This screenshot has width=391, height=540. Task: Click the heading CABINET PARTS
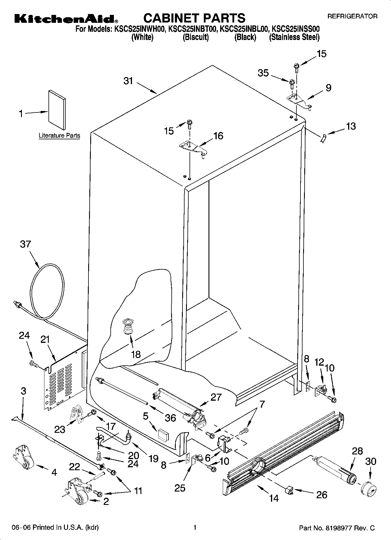click(x=194, y=18)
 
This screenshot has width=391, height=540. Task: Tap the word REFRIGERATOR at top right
click(x=352, y=17)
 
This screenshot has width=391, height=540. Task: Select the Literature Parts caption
click(x=59, y=136)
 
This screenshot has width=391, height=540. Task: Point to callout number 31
click(x=128, y=81)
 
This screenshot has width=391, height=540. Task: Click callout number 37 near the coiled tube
click(x=25, y=244)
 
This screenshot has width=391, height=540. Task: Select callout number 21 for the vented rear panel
click(x=45, y=340)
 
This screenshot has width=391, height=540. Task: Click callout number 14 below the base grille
click(x=274, y=498)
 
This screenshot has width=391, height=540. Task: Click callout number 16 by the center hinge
click(x=218, y=136)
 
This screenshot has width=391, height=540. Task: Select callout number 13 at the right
click(x=351, y=126)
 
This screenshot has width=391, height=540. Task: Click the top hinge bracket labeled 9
click(x=299, y=101)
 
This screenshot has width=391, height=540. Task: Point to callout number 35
click(x=263, y=73)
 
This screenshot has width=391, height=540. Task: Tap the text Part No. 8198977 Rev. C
click(x=337, y=528)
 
